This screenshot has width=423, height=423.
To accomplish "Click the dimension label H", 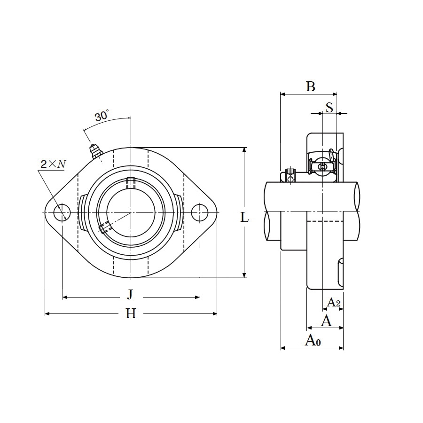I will (131, 313).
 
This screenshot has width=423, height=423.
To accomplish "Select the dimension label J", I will (130, 295).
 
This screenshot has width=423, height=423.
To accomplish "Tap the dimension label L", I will (244, 218).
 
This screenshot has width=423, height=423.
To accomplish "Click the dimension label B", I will (310, 86).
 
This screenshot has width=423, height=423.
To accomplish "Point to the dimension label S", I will (329, 107).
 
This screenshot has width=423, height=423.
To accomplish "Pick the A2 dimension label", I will (333, 302).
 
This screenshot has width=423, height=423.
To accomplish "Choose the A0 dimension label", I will (313, 340).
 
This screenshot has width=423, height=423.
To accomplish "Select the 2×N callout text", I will (52, 164).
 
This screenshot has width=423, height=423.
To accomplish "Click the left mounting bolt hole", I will (61, 213).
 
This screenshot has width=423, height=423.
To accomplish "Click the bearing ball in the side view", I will (322, 166).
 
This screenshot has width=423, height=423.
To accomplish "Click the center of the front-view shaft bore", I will (131, 213).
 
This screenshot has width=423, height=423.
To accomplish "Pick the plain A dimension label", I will (326, 321).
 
